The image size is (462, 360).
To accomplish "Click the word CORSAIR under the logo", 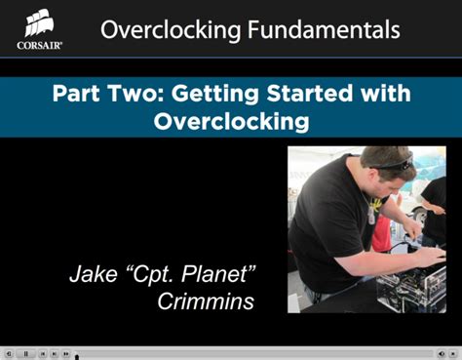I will [x=39, y=44].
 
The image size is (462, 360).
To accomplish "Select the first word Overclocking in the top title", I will [x=171, y=30].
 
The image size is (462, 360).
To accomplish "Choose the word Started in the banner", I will [x=318, y=96].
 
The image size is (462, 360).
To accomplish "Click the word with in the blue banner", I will [x=390, y=96].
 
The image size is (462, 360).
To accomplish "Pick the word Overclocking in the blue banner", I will [x=232, y=122].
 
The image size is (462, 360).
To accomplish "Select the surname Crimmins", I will [x=206, y=301].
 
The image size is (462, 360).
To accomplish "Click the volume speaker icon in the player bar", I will [x=442, y=353].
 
